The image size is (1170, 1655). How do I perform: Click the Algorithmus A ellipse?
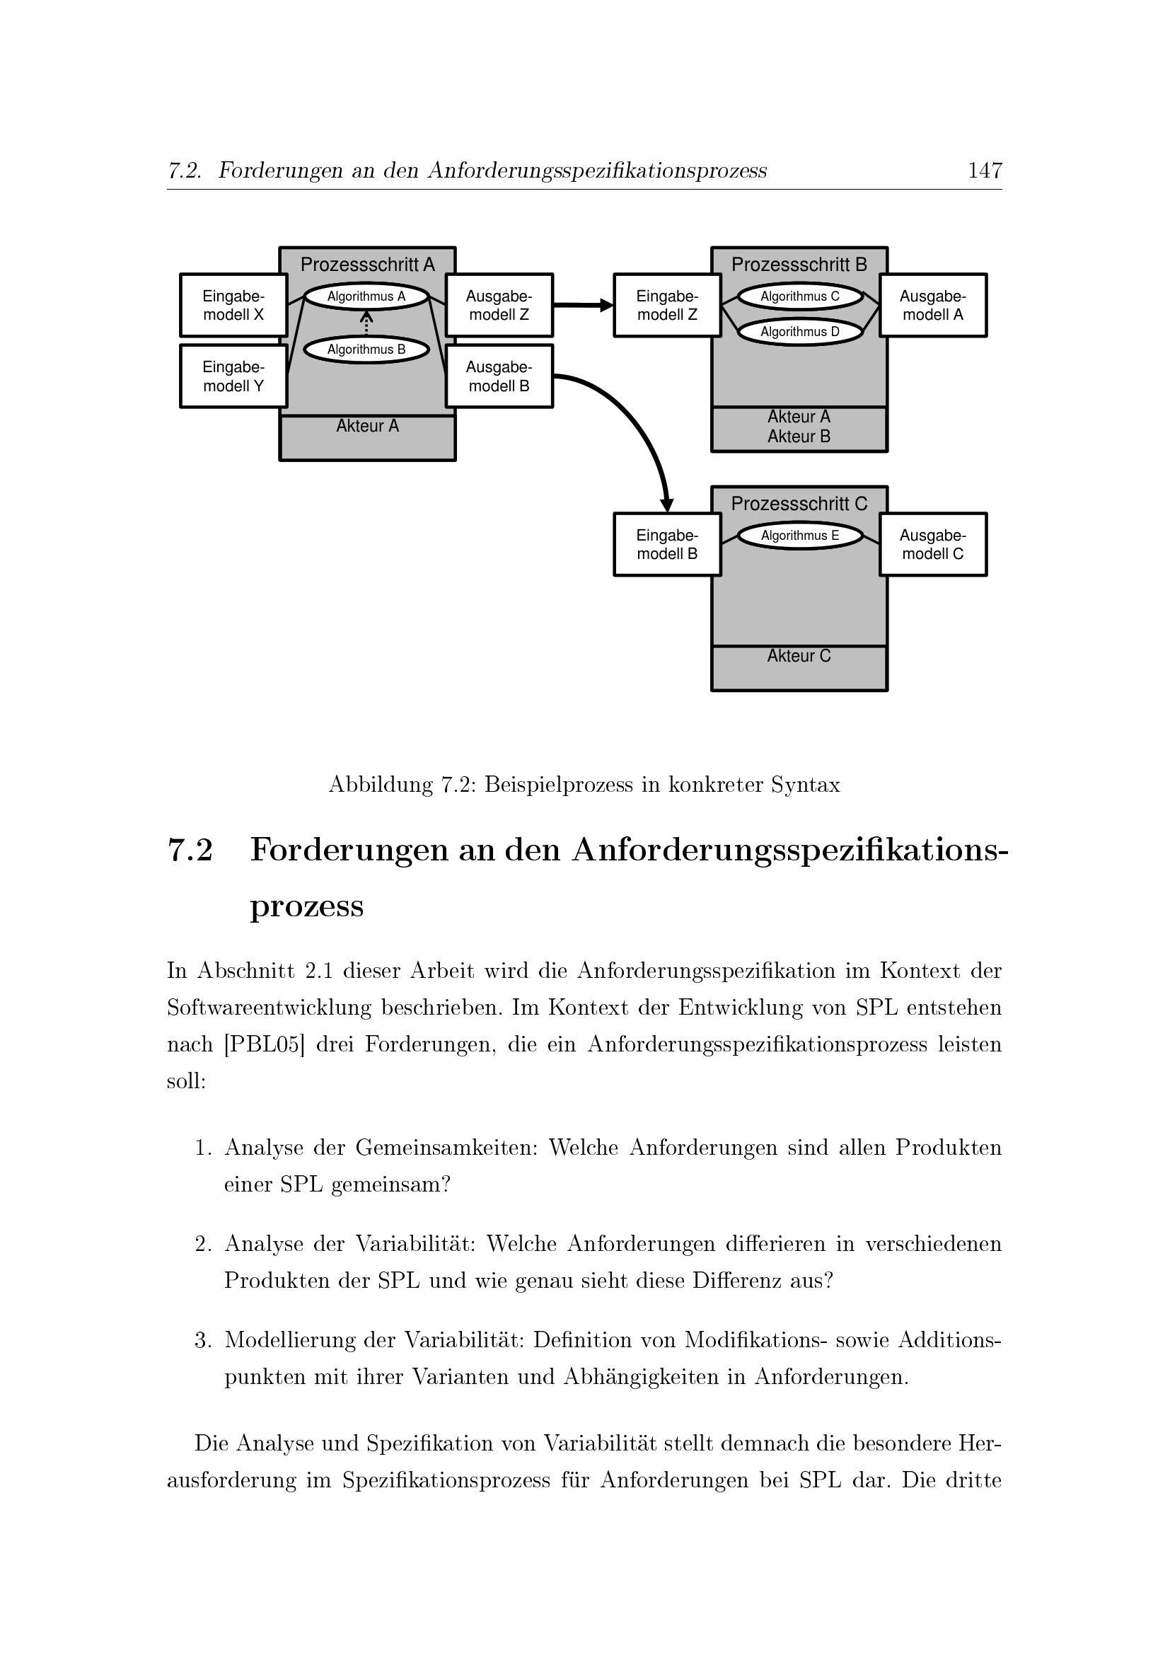366,296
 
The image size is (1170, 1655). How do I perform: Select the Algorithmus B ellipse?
366,350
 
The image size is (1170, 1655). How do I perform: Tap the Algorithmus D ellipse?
800,332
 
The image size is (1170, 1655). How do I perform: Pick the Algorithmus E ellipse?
800,536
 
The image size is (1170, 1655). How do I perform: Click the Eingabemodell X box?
233,305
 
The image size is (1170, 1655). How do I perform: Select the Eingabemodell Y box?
233,376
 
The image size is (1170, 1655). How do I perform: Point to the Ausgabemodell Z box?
499,305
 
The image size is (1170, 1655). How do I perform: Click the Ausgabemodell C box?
933,544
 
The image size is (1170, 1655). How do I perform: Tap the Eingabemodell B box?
667,544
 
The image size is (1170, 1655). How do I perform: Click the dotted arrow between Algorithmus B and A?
366,323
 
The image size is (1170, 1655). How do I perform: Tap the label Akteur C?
799,656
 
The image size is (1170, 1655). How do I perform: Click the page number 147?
985,171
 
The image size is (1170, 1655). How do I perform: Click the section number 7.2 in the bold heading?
190,850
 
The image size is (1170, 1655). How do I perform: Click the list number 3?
202,1340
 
